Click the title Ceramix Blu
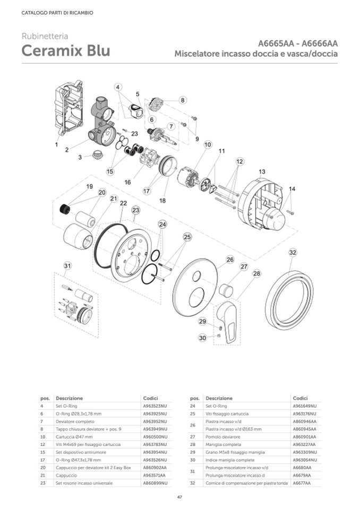(66, 51)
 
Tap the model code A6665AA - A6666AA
(298, 44)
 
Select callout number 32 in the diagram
(293, 252)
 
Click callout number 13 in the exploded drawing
(262, 172)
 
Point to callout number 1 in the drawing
(56, 144)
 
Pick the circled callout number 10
(207, 144)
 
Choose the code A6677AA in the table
(301, 483)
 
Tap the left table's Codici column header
(151, 398)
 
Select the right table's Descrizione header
(219, 398)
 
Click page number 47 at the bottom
(180, 497)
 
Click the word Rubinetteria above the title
(45, 37)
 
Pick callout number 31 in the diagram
(67, 265)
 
